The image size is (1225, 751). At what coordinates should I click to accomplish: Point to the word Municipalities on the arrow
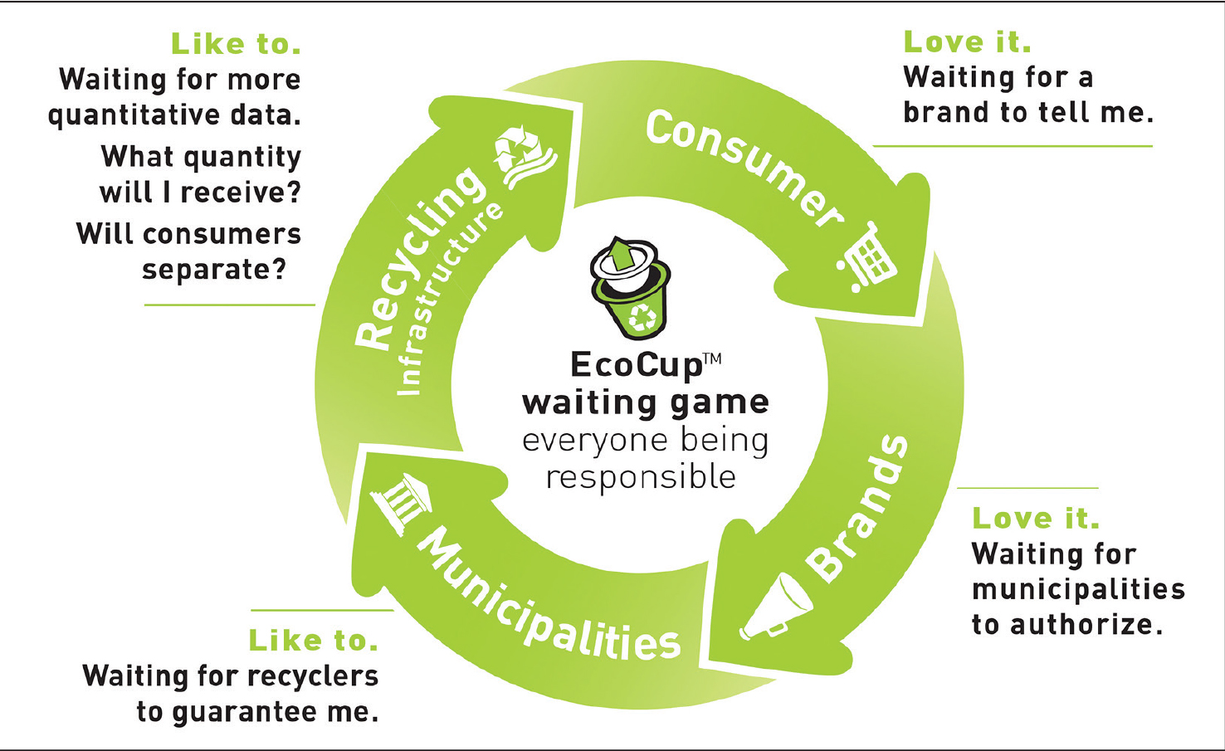548,602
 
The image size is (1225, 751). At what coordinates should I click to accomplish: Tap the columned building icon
402,501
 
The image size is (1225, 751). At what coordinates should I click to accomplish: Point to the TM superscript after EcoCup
712,358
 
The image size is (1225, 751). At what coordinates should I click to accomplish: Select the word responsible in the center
641,478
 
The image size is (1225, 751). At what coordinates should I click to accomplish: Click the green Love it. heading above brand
967,41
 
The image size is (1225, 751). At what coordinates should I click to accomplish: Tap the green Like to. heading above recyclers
313,640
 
